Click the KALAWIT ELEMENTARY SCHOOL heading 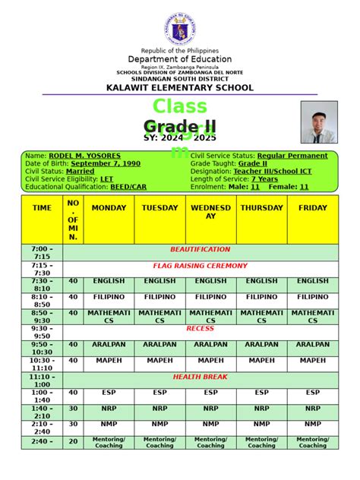180,88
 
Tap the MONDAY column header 109,207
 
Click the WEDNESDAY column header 210,212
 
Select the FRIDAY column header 313,207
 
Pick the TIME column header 43,207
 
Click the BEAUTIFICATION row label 200,249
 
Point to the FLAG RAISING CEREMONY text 200,266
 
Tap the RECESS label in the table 200,329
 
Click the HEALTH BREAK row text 200,377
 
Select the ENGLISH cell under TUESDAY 159,281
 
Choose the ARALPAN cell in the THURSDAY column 262,345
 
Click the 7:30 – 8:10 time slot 43,285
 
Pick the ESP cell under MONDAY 109,393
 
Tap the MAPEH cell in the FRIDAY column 313,361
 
